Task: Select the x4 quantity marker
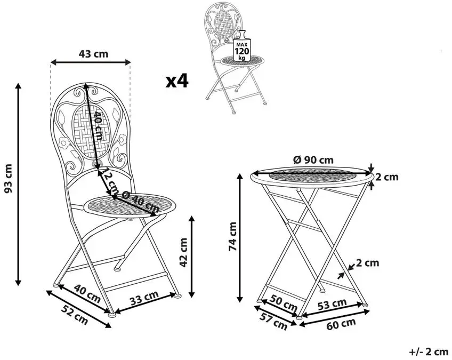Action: pos(177,81)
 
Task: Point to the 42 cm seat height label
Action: pos(183,252)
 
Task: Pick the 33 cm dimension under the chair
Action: pos(144,298)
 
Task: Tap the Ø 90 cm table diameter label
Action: pos(313,160)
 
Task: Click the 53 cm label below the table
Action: pos(332,305)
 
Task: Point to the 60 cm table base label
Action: pos(341,324)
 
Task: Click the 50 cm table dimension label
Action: pos(284,303)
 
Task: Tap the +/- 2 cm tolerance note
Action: pos(429,352)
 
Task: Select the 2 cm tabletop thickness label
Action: pos(387,177)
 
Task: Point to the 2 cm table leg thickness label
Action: pos(368,263)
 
